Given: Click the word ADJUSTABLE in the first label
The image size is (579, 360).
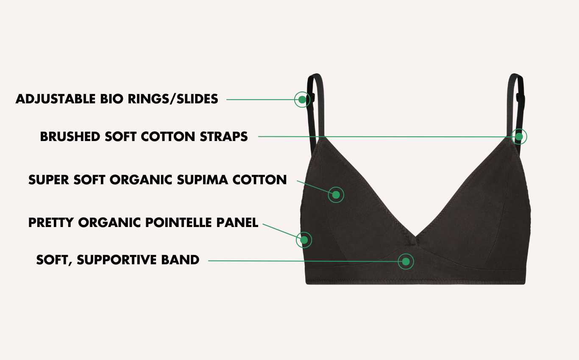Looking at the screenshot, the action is pos(56,99).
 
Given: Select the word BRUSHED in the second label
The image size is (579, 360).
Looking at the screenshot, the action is pos(70,137).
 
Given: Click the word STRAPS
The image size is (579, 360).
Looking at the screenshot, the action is pos(224,137).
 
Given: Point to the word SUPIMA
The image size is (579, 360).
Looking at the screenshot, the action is pos(202,180).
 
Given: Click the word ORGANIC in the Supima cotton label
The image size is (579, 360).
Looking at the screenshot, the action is pos(141,180).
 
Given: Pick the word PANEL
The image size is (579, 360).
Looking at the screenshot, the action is pos(237,223).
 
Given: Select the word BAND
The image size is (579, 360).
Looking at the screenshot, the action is pos(180,260).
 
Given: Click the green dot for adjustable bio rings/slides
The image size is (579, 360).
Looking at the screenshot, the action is pos(302,100).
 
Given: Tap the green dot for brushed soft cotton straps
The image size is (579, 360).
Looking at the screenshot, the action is pos(519,137).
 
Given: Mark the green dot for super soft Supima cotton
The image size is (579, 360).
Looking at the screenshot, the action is pos(336,195).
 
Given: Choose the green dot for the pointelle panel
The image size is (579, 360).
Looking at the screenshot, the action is pos(304,240).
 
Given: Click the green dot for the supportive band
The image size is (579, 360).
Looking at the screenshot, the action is pos(406,262).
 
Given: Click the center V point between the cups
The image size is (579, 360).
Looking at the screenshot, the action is pos(415,237).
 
